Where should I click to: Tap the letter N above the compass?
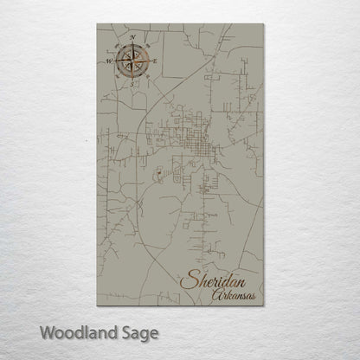pos(132,38)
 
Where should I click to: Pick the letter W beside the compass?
pos(109,61)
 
